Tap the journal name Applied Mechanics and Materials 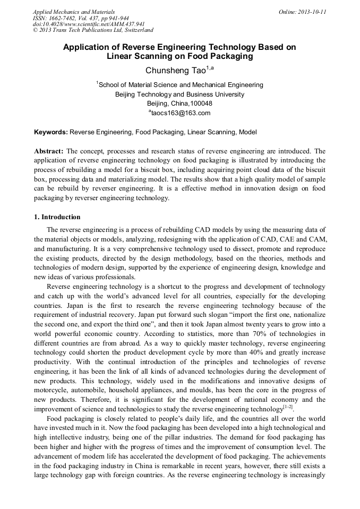(74, 11)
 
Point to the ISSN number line (81, 18)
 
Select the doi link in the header (89, 24)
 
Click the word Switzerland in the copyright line (136, 30)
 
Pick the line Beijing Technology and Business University (179, 94)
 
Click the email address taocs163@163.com (181, 113)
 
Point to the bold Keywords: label (51, 132)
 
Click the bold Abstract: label (49, 151)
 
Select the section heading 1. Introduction (57, 217)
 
